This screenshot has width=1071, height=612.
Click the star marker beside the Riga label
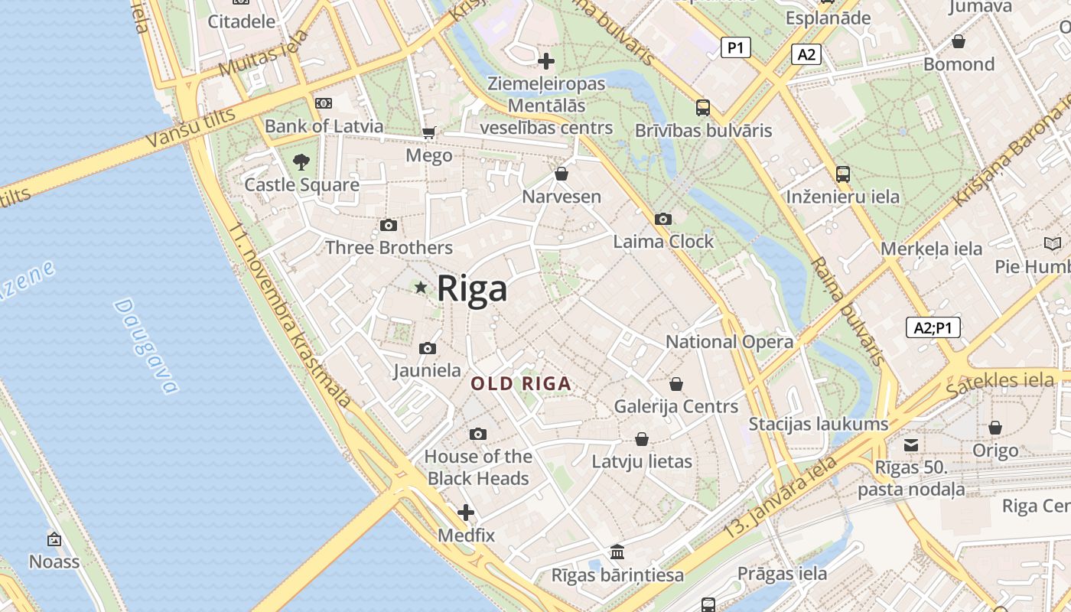pyautogui.click(x=420, y=288)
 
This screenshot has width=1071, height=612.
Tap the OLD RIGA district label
pyautogui.click(x=521, y=384)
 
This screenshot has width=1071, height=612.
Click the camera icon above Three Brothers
pyautogui.click(x=389, y=225)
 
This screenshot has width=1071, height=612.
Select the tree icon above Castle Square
pyautogui.click(x=301, y=161)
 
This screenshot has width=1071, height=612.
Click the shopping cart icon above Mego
pyautogui.click(x=429, y=132)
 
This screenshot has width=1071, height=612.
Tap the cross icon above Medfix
pyautogui.click(x=466, y=513)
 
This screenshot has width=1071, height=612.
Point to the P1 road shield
pyautogui.click(x=735, y=48)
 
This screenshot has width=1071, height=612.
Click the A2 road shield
pyautogui.click(x=807, y=54)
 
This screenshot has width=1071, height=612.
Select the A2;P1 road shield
pyautogui.click(x=933, y=328)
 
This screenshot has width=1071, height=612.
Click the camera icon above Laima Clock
pyautogui.click(x=663, y=220)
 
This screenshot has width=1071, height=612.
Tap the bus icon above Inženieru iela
pyautogui.click(x=843, y=174)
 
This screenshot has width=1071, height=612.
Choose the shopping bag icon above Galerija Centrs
pyautogui.click(x=676, y=383)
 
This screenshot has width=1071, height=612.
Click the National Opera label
pyautogui.click(x=729, y=342)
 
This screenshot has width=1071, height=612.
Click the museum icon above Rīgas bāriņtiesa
pyautogui.click(x=617, y=552)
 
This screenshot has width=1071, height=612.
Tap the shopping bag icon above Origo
pyautogui.click(x=995, y=428)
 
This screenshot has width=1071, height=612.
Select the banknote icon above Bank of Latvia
pyautogui.click(x=324, y=103)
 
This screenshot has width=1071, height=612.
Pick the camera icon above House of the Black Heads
pyautogui.click(x=478, y=435)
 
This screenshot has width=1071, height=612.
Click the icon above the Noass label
pyautogui.click(x=54, y=539)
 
